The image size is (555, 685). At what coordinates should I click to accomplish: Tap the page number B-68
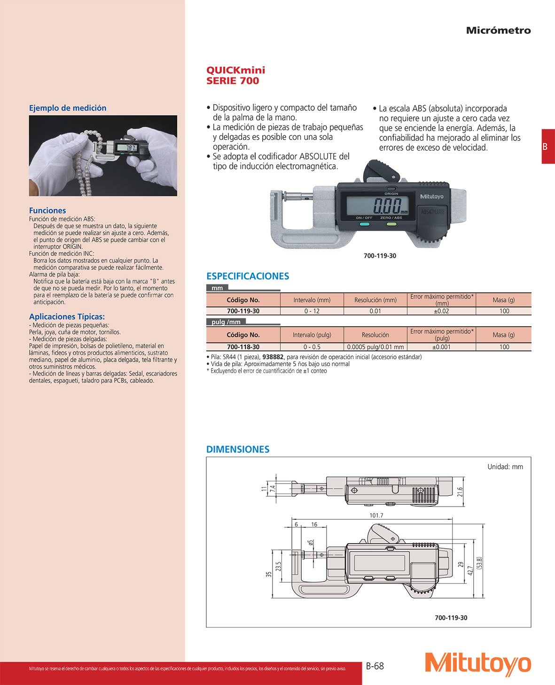[375, 666]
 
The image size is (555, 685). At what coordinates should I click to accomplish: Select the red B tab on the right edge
[547, 146]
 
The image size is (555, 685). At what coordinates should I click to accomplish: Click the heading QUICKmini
[235, 70]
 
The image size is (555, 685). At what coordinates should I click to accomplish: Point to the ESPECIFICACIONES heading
[248, 276]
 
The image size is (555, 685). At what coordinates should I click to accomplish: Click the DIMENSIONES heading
[238, 449]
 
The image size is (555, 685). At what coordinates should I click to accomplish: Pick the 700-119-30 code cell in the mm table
[243, 311]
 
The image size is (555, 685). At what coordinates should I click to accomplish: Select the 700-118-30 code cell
[243, 347]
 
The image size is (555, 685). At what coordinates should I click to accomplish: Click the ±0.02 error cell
[441, 311]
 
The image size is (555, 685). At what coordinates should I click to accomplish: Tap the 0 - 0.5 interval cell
[312, 347]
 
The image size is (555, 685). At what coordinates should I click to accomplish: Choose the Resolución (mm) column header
[375, 300]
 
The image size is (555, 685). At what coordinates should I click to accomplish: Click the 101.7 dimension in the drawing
[376, 515]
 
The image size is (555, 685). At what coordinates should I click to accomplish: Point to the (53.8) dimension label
[479, 563]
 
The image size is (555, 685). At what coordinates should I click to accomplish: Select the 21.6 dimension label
[460, 492]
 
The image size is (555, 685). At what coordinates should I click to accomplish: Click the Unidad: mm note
[505, 467]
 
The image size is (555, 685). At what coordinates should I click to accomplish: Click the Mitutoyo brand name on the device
[431, 197]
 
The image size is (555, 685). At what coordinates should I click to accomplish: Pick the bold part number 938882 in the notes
[273, 357]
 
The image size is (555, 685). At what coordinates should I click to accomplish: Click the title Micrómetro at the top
[498, 31]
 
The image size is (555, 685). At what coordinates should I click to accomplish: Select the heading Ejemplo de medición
[68, 108]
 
